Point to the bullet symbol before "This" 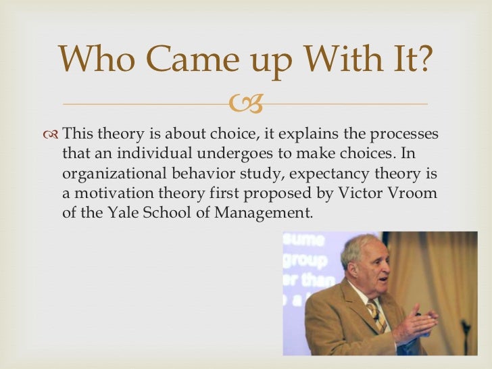50,134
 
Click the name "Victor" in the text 364,193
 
